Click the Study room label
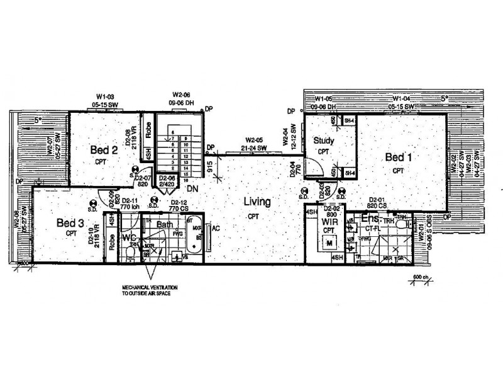click(x=323, y=140)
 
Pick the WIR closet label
click(x=330, y=222)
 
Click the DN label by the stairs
click(x=194, y=188)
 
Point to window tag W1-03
click(x=104, y=94)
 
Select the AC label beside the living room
click(x=215, y=228)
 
